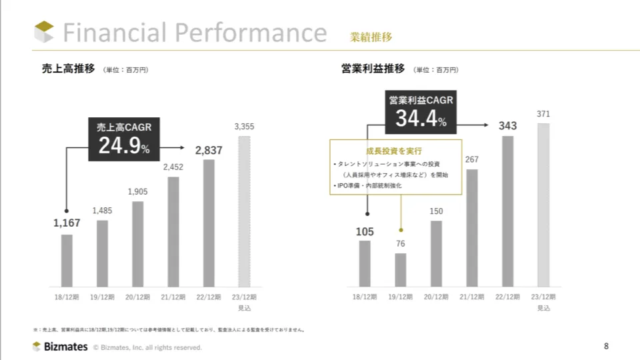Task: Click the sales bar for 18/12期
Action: pos(67,260)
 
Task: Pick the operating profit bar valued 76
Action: pos(400,270)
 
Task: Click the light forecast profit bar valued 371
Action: pos(543,205)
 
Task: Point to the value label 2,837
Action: pos(209,151)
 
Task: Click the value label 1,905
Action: pos(138,192)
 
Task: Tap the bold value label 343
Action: pos(508,126)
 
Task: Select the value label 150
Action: pos(436,211)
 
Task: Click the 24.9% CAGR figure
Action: pos(124,146)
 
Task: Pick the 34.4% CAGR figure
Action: pos(421,119)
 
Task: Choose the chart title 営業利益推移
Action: pos(373,69)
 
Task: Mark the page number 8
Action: pos(606,345)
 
